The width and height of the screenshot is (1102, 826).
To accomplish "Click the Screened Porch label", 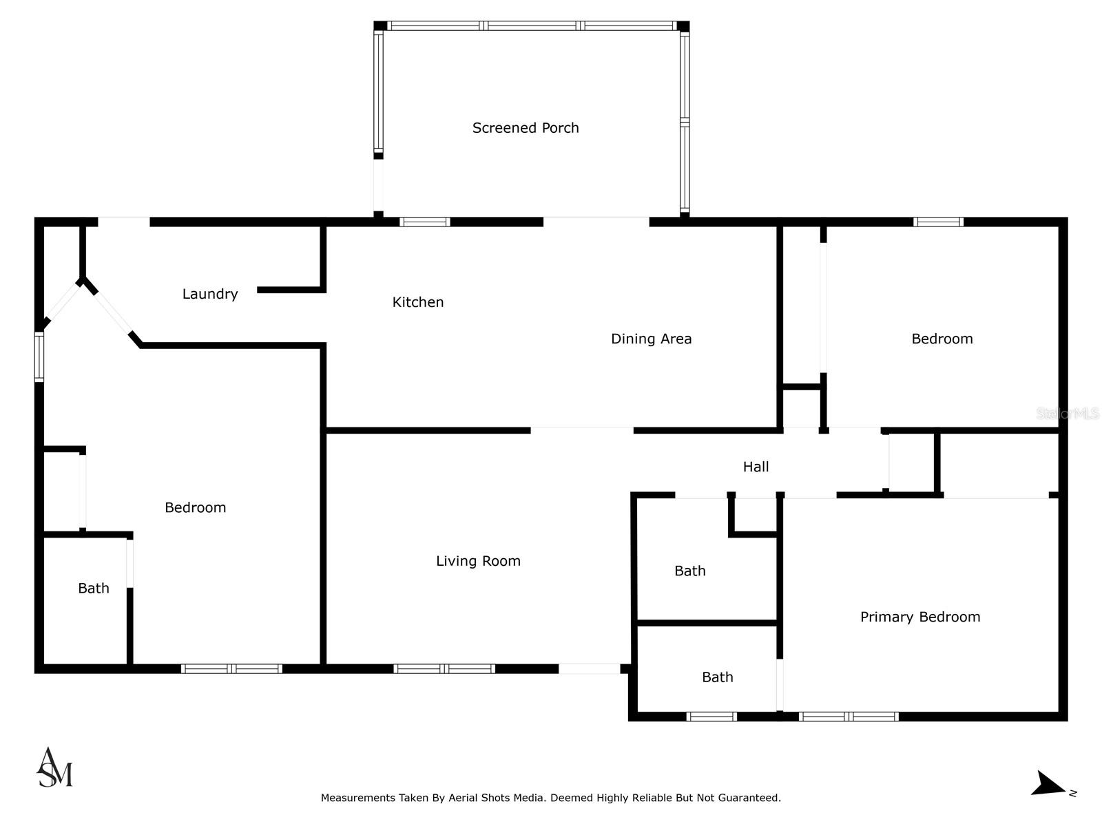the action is click(525, 128).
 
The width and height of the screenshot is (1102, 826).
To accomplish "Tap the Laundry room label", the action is click(210, 294).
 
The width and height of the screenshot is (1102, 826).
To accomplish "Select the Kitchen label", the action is click(417, 302).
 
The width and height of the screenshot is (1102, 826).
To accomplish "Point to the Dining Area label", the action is click(651, 339).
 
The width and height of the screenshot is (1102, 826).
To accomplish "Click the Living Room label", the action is click(478, 561).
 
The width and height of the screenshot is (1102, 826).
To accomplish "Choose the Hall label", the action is click(756, 467).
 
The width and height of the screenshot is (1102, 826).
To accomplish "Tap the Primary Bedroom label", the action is click(919, 617).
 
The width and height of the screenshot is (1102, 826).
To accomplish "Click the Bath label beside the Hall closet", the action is click(690, 571).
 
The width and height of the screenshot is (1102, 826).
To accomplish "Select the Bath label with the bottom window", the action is click(718, 677).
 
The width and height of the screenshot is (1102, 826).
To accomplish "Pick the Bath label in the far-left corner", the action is click(94, 588).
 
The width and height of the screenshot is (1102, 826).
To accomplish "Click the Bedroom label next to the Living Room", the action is click(196, 507).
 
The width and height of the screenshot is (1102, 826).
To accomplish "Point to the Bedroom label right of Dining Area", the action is click(942, 339).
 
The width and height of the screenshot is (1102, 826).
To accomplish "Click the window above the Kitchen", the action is click(425, 222).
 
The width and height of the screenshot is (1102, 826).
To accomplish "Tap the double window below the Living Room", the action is click(444, 668).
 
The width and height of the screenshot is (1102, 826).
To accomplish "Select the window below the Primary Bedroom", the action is click(849, 717).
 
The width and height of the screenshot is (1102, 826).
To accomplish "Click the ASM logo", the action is click(54, 767).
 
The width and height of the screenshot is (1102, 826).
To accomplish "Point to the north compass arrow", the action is click(1048, 785).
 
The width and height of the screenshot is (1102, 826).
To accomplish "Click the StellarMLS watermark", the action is click(1068, 413).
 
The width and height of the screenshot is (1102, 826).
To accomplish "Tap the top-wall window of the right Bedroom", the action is click(938, 222).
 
